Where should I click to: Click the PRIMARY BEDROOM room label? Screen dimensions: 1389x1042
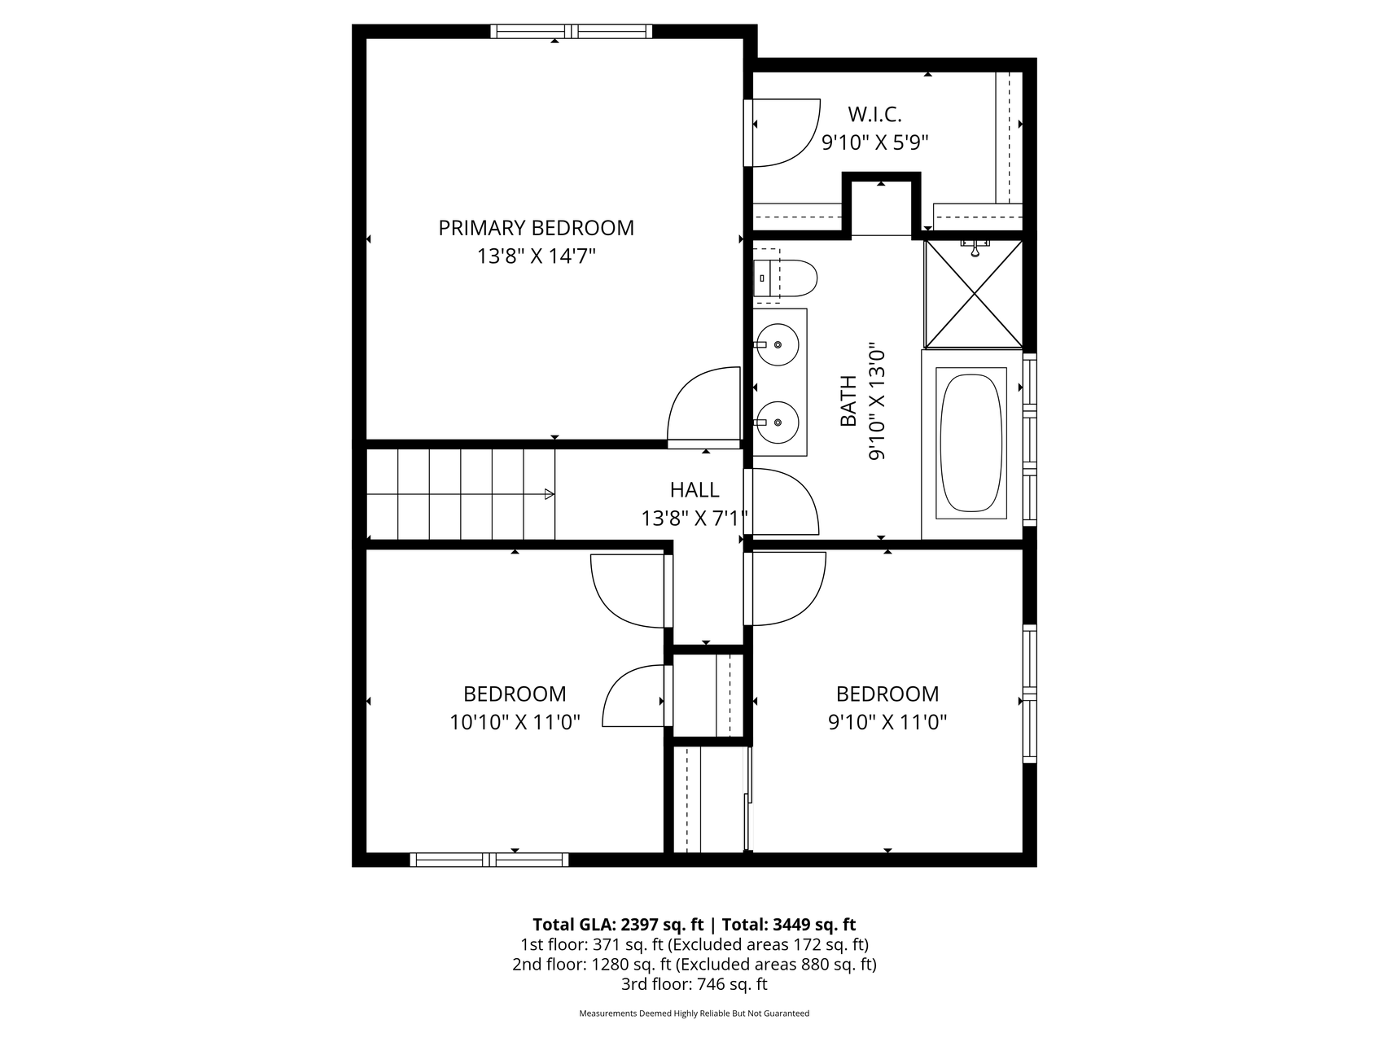[536, 228]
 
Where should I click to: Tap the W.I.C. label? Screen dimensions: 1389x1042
[874, 114]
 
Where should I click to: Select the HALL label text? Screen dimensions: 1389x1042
[694, 489]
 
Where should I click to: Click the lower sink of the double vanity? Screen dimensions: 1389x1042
[777, 422]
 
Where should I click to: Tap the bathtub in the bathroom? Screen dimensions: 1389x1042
[971, 443]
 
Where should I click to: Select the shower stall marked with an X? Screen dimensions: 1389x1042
[974, 293]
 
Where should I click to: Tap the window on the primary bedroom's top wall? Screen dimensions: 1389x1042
[572, 32]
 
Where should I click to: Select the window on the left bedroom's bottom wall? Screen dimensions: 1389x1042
[489, 860]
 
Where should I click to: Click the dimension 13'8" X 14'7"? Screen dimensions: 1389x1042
[537, 256]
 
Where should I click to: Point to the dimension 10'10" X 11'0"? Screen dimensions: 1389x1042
[515, 722]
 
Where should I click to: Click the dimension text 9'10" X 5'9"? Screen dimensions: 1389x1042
[875, 142]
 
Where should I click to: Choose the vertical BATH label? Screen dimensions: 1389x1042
[848, 401]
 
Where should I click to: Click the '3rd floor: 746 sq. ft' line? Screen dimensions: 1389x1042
[694, 984]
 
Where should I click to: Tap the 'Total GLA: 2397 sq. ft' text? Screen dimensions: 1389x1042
[619, 925]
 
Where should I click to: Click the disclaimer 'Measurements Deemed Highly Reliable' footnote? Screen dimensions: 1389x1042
[694, 1014]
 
